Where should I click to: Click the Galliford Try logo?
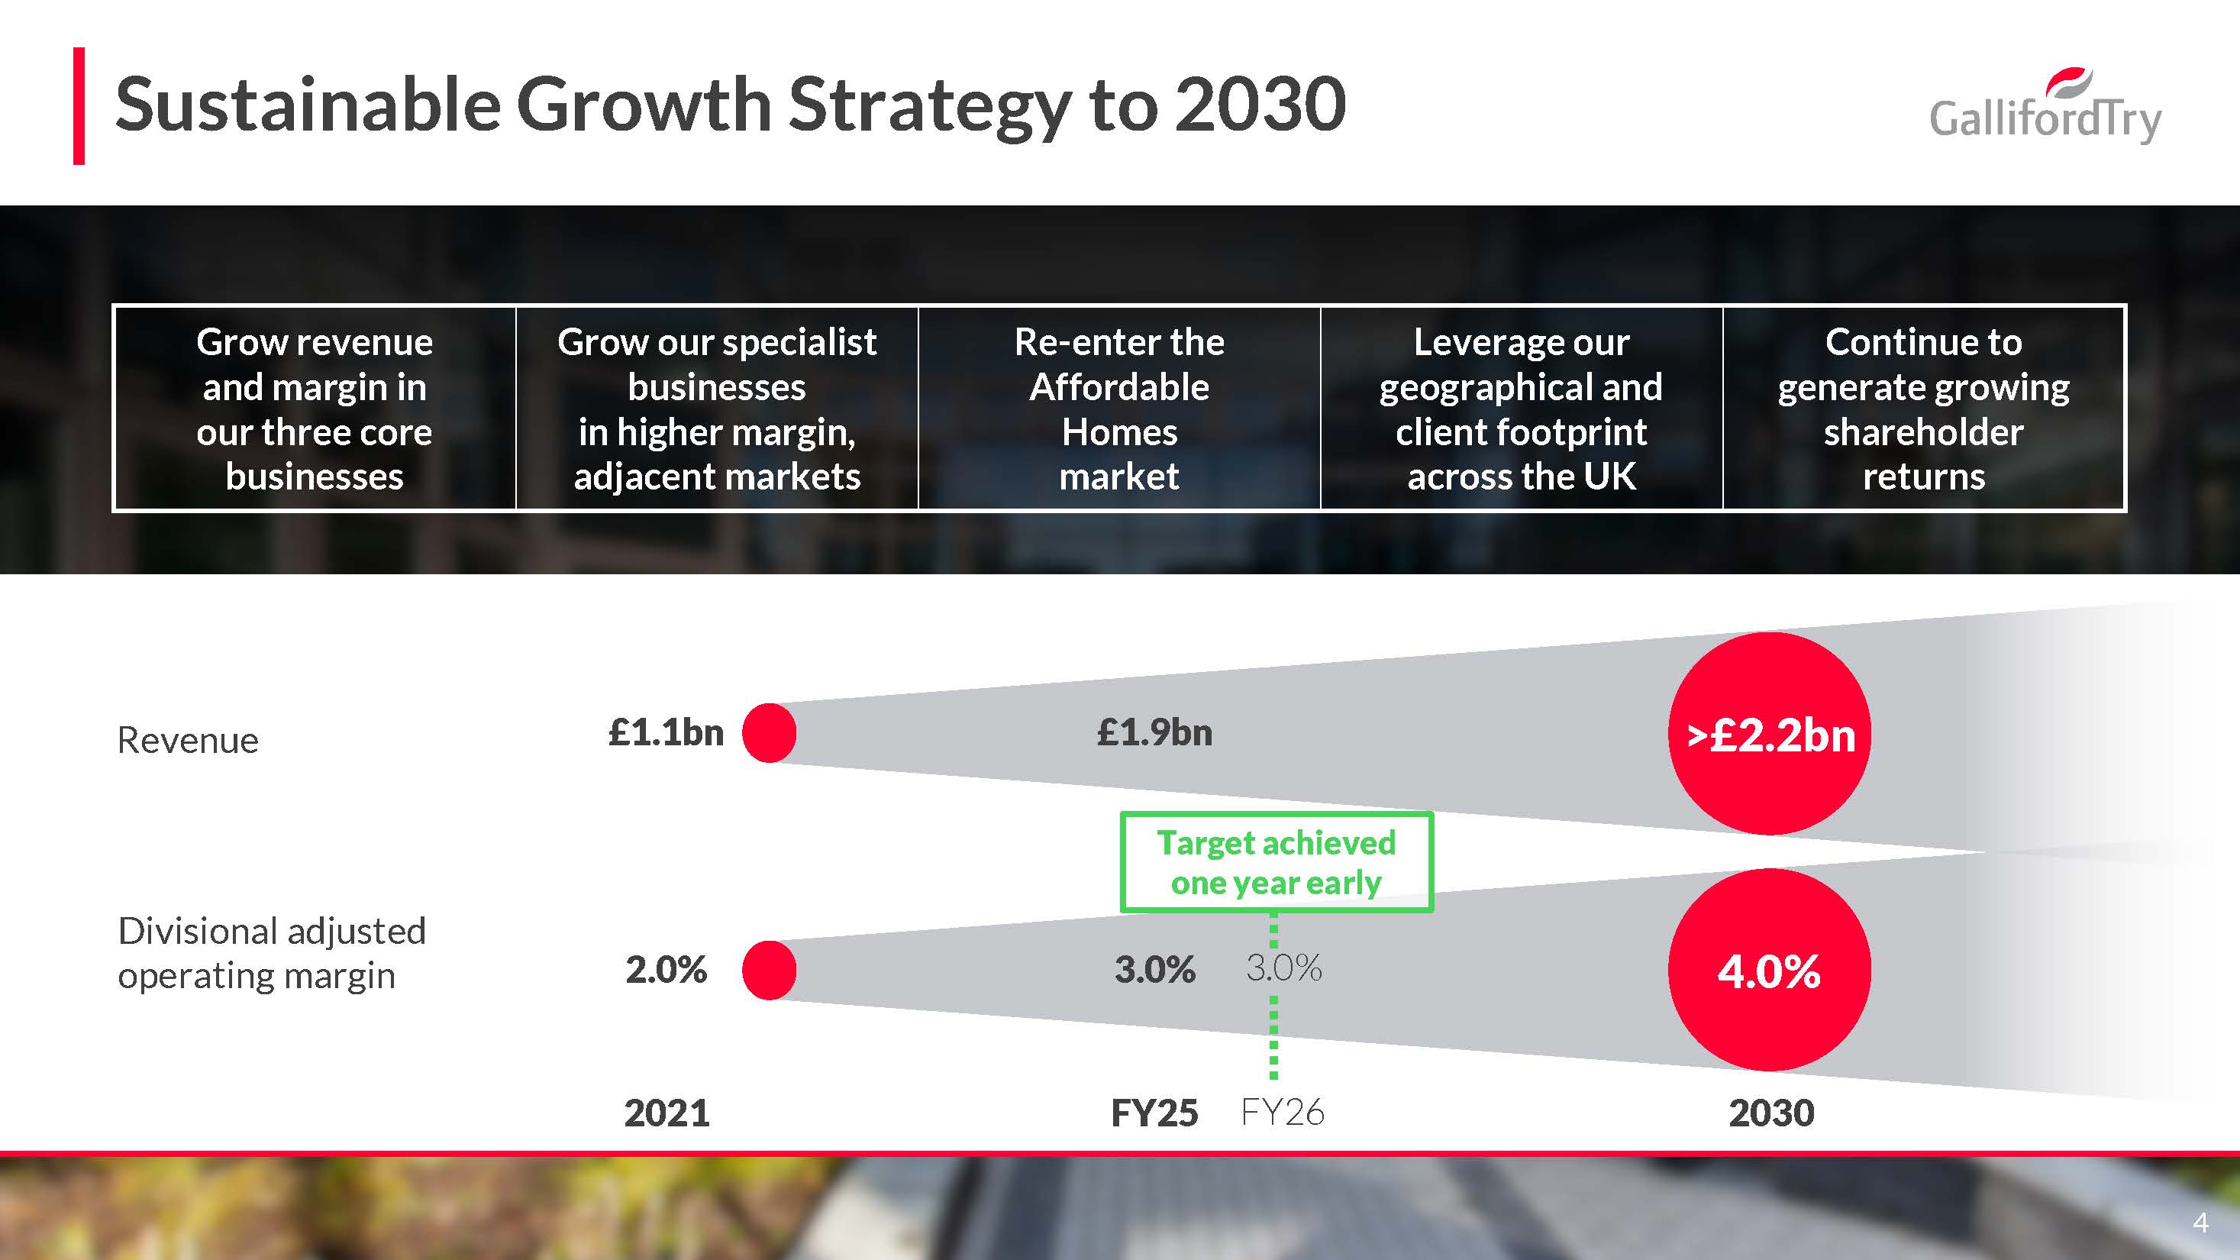point(2045,108)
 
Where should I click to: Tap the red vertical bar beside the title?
point(79,106)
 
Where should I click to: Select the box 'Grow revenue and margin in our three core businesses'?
point(315,409)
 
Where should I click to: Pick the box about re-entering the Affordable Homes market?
point(1119,409)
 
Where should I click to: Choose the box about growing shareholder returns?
point(1923,409)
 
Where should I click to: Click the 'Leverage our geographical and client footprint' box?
point(1521,409)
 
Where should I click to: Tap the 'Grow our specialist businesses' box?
point(717,409)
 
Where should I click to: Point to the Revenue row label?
point(188,741)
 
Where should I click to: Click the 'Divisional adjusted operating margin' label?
point(271,953)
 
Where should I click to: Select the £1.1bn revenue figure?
point(666,732)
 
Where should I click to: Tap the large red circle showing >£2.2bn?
point(1770,734)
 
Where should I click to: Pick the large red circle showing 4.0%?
point(1770,971)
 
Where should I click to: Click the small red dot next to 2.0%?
point(770,971)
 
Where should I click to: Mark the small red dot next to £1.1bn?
point(770,733)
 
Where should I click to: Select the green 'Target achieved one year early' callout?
point(1276,861)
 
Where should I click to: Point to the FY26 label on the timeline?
point(1282,1112)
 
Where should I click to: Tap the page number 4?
point(2201,1223)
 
